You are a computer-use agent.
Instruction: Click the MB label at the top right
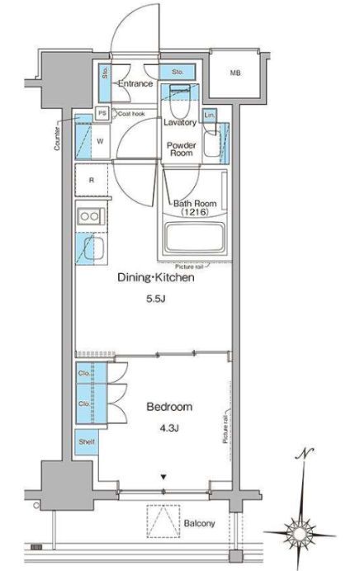tap(235, 73)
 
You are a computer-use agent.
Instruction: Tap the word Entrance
tap(135, 83)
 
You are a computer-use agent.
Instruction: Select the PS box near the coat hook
tap(102, 113)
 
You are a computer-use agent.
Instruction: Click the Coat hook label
tap(131, 114)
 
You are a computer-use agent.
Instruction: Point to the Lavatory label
tap(180, 122)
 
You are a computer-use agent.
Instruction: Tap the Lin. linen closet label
tap(210, 115)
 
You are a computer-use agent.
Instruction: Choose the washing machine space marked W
tap(99, 142)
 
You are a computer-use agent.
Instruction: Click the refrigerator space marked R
tap(92, 180)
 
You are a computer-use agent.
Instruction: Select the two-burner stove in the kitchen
tap(90, 217)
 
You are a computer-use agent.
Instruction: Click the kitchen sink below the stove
tap(92, 248)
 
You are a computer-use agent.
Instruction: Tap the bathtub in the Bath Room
tap(195, 238)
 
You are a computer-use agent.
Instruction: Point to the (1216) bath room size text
tap(195, 212)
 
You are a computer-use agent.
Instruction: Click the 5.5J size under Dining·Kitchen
tap(156, 300)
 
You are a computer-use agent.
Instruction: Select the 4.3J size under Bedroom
tap(168, 428)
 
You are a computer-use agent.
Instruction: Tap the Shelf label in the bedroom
tap(87, 441)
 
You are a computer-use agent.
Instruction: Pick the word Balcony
tap(199, 524)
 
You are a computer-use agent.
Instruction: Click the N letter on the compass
tap(305, 454)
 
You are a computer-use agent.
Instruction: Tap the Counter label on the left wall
tap(57, 139)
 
